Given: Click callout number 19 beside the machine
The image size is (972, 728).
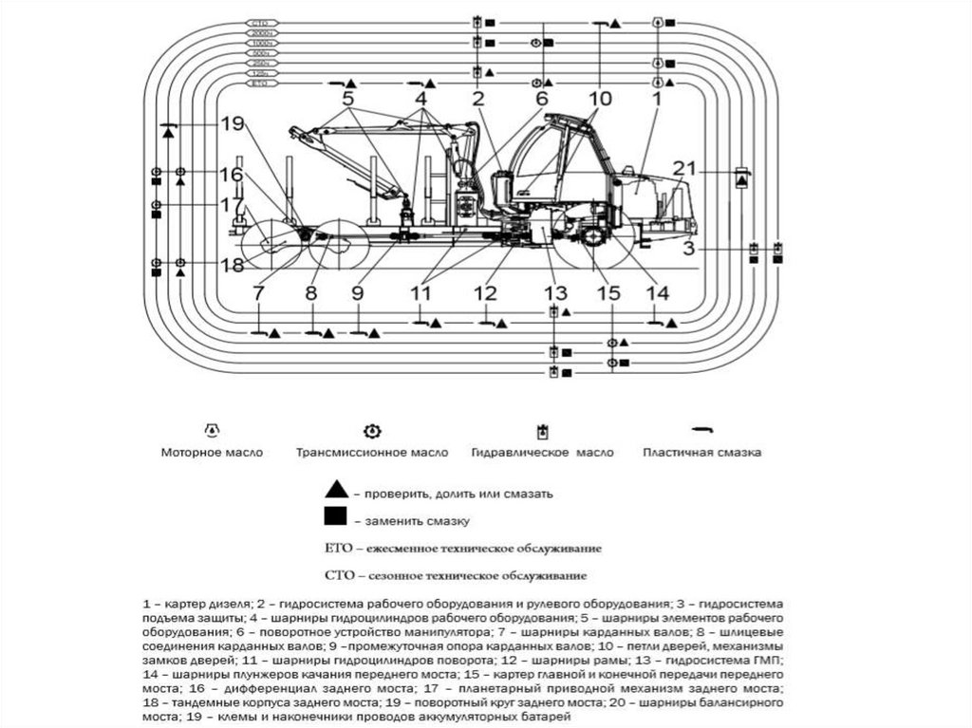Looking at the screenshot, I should tap(233, 122).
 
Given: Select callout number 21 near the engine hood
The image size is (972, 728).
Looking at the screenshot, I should tap(685, 169).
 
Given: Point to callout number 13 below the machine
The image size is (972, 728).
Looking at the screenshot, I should tap(555, 292).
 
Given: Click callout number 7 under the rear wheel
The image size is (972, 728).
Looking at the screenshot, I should tap(258, 293).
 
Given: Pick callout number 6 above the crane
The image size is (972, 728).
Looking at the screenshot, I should tap(542, 98).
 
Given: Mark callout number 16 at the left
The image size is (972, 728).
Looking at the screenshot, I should tap(232, 175).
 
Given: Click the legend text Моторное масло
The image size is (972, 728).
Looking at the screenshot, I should tap(212, 453).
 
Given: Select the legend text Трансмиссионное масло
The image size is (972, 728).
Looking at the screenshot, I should tap(372, 453).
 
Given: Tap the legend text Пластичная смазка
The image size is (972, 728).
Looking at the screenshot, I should tap(701, 453).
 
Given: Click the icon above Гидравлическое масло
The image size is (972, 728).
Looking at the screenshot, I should tap(542, 432).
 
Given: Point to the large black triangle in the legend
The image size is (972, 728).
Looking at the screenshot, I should tap(334, 491).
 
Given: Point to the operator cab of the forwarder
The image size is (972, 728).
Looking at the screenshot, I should tap(560, 157).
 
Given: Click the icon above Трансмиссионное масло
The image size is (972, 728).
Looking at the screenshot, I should tap(372, 431).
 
